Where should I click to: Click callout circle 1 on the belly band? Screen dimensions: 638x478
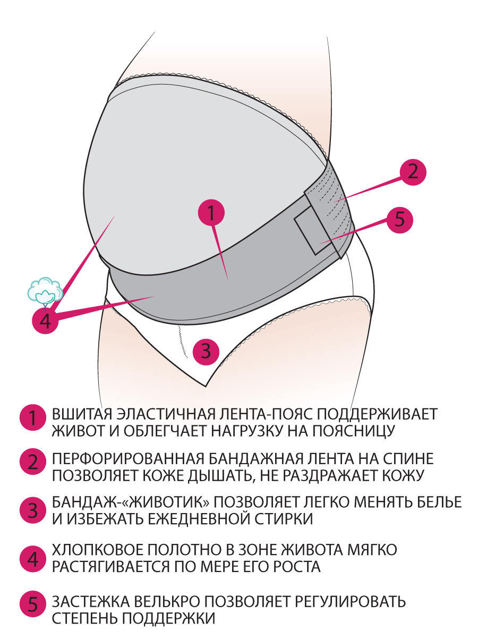211,214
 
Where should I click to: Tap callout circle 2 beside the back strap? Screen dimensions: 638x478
413,171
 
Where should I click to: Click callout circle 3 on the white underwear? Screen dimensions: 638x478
206,351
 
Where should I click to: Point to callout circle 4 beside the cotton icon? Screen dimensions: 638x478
45,321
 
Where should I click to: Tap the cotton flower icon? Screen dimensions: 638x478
45,290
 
